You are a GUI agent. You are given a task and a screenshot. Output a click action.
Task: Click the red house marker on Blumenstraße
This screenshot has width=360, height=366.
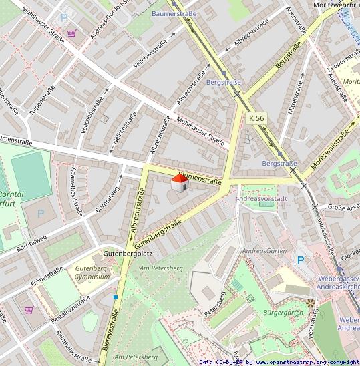pos(179,183)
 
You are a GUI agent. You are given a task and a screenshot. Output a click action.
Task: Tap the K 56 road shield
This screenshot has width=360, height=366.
pos(256,118)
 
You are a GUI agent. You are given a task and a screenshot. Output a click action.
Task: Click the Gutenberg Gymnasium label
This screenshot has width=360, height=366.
pos(92,272)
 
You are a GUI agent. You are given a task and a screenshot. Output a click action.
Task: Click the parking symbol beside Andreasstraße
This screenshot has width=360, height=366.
pos(300,260)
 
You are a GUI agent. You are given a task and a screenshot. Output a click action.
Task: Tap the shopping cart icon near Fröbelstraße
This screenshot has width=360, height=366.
pos(29,309)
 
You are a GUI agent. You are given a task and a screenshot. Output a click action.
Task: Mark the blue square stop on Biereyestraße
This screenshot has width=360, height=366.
pos(116,297)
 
